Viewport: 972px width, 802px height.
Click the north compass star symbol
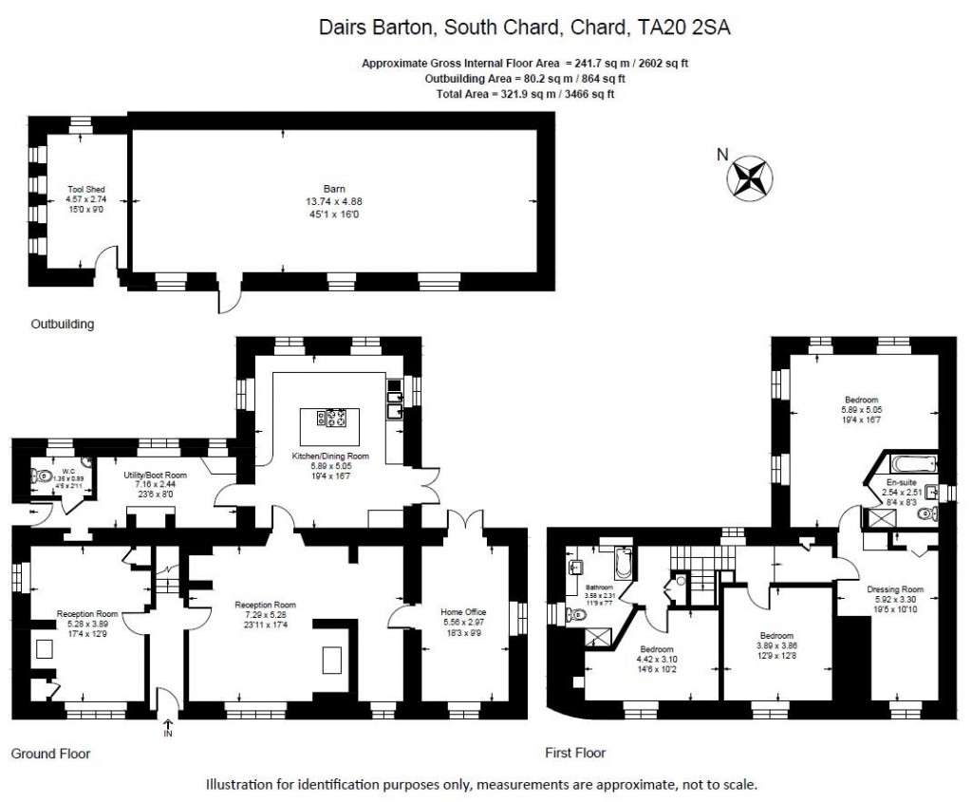click(x=750, y=177)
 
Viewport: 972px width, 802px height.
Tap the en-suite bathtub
click(x=911, y=465)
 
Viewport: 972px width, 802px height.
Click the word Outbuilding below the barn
click(x=63, y=324)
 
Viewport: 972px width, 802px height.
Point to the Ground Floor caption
click(x=50, y=754)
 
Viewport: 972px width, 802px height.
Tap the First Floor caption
click(x=575, y=754)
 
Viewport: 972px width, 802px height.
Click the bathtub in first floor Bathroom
click(x=622, y=564)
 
